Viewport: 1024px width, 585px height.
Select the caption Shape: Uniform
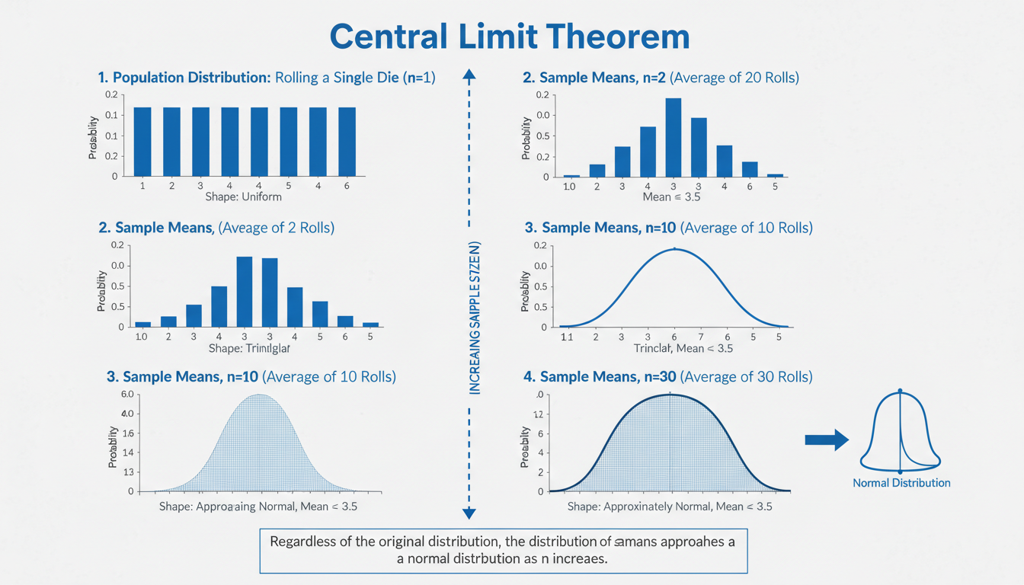pyautogui.click(x=243, y=197)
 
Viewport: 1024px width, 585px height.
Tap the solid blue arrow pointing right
pyautogui.click(x=827, y=440)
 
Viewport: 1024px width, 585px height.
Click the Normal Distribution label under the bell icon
pyautogui.click(x=901, y=483)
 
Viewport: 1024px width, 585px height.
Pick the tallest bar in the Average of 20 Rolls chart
pyautogui.click(x=673, y=137)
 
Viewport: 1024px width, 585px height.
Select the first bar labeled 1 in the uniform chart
pyautogui.click(x=142, y=142)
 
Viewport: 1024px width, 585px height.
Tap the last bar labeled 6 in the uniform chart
pyautogui.click(x=346, y=142)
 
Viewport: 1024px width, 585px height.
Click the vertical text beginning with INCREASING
pyautogui.click(x=475, y=317)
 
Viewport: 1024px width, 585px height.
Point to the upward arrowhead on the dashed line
pyautogui.click(x=469, y=74)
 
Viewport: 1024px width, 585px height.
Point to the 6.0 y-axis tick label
pyautogui.click(x=126, y=394)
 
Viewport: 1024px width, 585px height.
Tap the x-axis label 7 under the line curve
pyautogui.click(x=701, y=336)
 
